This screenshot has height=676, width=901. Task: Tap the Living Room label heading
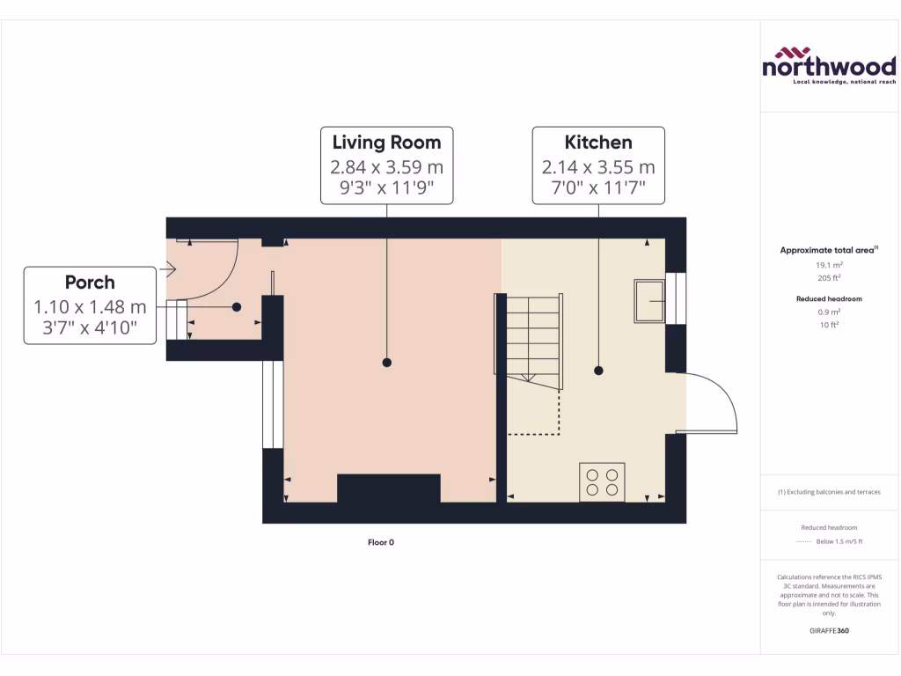(386, 142)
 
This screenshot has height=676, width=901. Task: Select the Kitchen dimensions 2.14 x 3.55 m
(598, 167)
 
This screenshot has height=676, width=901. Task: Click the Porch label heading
(90, 283)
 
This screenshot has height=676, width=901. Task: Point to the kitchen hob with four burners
(602, 481)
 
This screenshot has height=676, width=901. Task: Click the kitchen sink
(649, 301)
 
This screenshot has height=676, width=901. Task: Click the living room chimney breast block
(388, 488)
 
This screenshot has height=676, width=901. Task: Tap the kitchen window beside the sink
(675, 298)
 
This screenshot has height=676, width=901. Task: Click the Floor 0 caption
(381, 542)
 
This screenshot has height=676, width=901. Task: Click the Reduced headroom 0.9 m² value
(828, 312)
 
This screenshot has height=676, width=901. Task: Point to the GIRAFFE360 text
(828, 630)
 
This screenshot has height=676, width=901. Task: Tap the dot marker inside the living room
(386, 362)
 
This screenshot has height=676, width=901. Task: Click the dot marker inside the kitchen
(598, 371)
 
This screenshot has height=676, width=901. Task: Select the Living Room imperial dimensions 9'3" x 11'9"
(386, 187)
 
